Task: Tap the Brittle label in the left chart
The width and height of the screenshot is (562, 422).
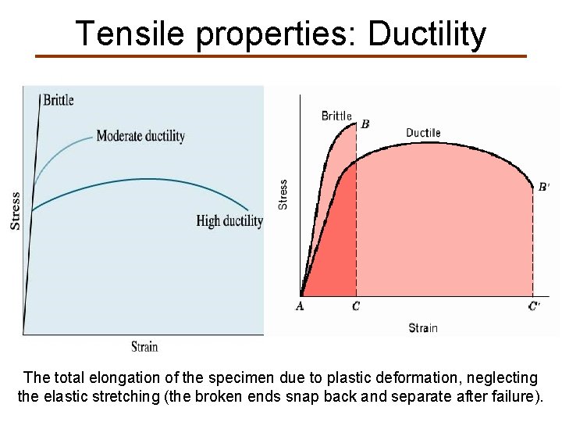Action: tap(59, 100)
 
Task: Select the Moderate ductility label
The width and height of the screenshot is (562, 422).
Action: tap(140, 136)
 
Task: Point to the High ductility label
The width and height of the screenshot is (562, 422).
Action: tap(229, 221)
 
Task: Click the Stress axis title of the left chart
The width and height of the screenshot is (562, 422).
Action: tap(16, 210)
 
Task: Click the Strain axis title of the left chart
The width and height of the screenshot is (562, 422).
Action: tap(144, 346)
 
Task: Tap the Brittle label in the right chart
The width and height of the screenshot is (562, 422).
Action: tap(336, 116)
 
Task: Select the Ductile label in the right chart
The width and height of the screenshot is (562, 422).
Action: tap(423, 133)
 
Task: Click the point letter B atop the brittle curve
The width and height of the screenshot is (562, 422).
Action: tap(365, 124)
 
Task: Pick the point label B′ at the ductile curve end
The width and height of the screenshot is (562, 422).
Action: tap(544, 187)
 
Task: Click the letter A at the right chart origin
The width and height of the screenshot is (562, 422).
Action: tap(300, 306)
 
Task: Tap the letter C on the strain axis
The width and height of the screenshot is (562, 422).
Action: tap(356, 306)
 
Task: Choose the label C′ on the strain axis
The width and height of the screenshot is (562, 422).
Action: tap(534, 306)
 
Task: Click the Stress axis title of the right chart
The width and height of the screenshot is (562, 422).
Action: tap(283, 194)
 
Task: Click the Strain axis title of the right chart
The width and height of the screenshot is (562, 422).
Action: tap(423, 328)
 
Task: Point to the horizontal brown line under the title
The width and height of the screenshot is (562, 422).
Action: tap(281, 56)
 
